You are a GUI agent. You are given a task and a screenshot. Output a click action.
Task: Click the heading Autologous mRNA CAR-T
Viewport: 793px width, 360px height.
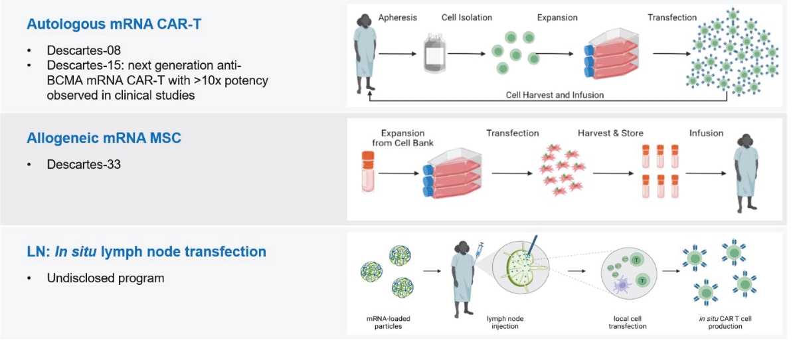point(114,25)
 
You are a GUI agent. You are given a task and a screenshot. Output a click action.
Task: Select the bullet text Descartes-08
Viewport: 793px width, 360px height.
point(84,50)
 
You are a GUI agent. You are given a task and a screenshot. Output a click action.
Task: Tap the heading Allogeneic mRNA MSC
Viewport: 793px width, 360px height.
point(104,138)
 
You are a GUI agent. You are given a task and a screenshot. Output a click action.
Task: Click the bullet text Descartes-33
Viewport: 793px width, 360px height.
point(84,164)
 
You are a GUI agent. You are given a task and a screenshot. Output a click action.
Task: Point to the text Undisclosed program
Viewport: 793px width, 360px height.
point(105,278)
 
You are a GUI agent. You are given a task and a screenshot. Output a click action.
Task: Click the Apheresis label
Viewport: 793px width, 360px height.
point(398,17)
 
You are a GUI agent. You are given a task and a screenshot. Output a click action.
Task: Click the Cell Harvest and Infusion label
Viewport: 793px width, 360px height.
point(555,95)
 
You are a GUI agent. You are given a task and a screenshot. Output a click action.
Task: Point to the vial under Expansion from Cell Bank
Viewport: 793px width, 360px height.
point(368,171)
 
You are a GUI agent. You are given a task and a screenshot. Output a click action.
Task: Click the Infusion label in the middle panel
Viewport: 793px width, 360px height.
point(706,133)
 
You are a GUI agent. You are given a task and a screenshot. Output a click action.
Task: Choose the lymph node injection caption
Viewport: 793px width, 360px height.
point(506,323)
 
